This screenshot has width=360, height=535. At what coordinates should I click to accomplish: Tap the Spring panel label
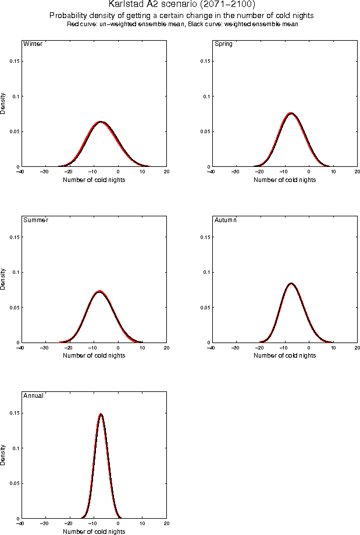[x=223, y=44]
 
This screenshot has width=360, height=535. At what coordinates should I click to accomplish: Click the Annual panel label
[x=33, y=395]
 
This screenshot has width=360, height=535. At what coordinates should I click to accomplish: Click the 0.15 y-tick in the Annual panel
[x=13, y=413]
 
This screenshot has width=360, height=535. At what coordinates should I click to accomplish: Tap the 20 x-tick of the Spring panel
[x=357, y=172]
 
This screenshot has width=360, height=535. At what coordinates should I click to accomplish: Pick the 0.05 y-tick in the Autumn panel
[x=204, y=308]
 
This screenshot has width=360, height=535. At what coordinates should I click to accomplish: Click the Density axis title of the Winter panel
[x=3, y=103]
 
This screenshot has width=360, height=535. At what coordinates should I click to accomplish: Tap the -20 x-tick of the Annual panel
[x=69, y=523]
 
